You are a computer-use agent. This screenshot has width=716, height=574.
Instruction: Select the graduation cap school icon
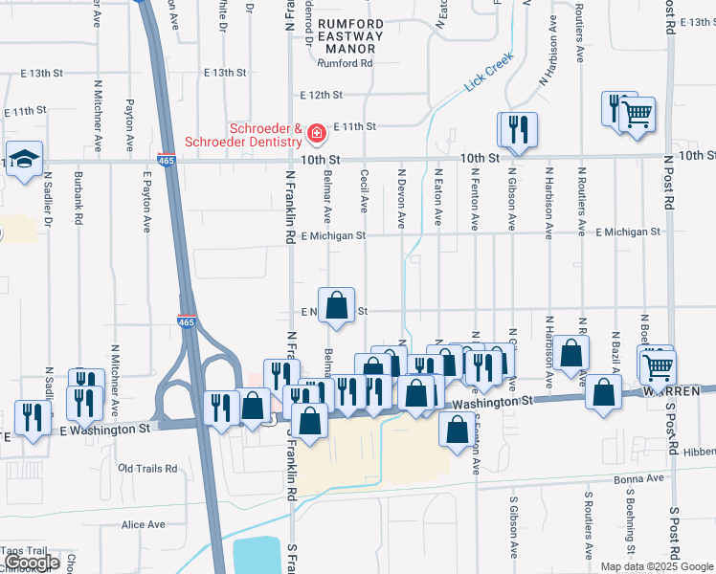coord(24,159)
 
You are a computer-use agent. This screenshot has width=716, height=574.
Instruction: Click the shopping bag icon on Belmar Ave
coord(336,306)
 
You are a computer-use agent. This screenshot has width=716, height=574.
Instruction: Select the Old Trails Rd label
coord(147,469)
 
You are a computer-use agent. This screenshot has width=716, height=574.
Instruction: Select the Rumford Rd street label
coord(345,64)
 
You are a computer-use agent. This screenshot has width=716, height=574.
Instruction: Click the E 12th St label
coord(321,96)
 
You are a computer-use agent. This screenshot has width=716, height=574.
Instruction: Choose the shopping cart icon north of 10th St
coord(636,114)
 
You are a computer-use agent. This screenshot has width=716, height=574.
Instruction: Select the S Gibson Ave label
coord(514,527)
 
